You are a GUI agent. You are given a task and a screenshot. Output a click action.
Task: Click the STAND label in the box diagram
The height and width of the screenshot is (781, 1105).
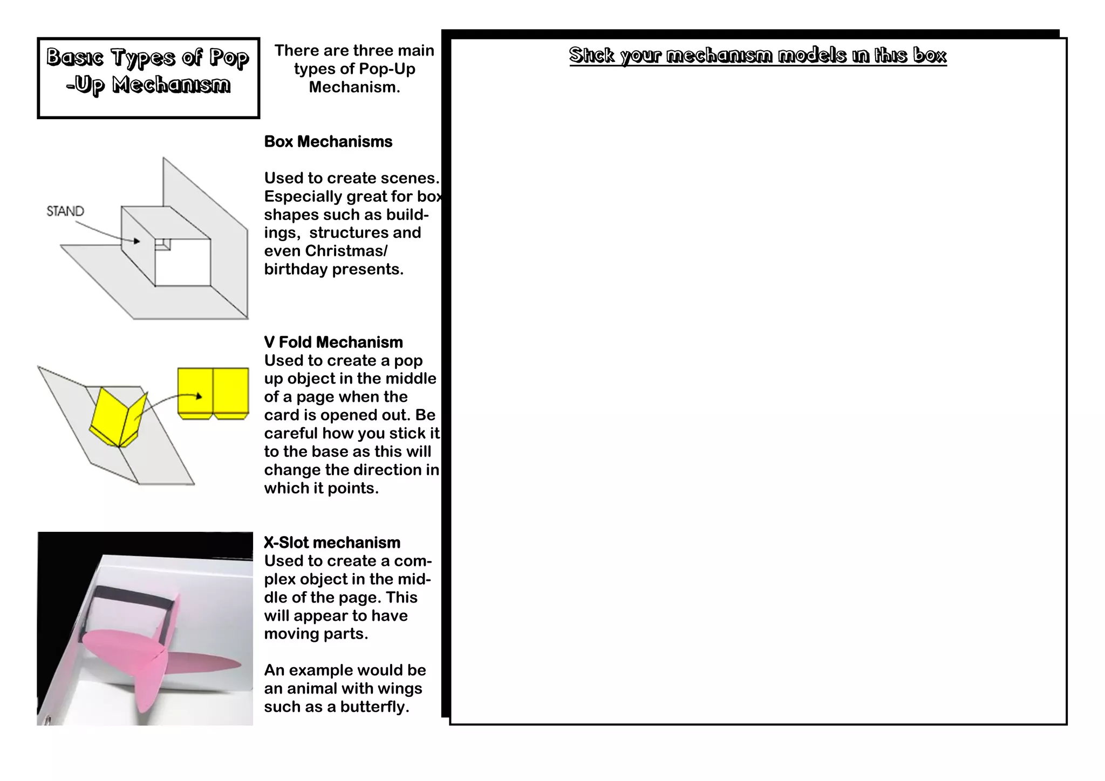[x=65, y=211]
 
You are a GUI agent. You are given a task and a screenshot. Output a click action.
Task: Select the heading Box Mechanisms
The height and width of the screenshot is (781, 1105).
[x=328, y=142]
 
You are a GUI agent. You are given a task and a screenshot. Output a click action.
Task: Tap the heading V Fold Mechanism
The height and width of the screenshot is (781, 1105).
[x=333, y=342]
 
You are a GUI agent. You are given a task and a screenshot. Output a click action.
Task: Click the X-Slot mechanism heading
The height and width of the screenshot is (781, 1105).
[x=332, y=543]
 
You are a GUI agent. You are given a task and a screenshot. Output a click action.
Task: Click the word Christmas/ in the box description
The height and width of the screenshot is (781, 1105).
[x=346, y=251]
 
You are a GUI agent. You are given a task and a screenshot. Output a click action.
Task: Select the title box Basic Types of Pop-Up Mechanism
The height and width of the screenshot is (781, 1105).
[x=148, y=78]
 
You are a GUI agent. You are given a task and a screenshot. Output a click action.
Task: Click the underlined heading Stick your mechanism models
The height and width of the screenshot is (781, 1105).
[x=758, y=55]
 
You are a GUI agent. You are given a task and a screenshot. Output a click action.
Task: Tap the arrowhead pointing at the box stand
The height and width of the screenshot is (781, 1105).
[x=137, y=241]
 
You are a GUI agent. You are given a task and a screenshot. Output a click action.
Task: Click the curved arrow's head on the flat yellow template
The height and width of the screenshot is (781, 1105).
[x=199, y=396]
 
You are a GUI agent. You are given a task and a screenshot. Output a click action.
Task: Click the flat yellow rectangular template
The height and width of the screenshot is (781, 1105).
[x=213, y=392]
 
